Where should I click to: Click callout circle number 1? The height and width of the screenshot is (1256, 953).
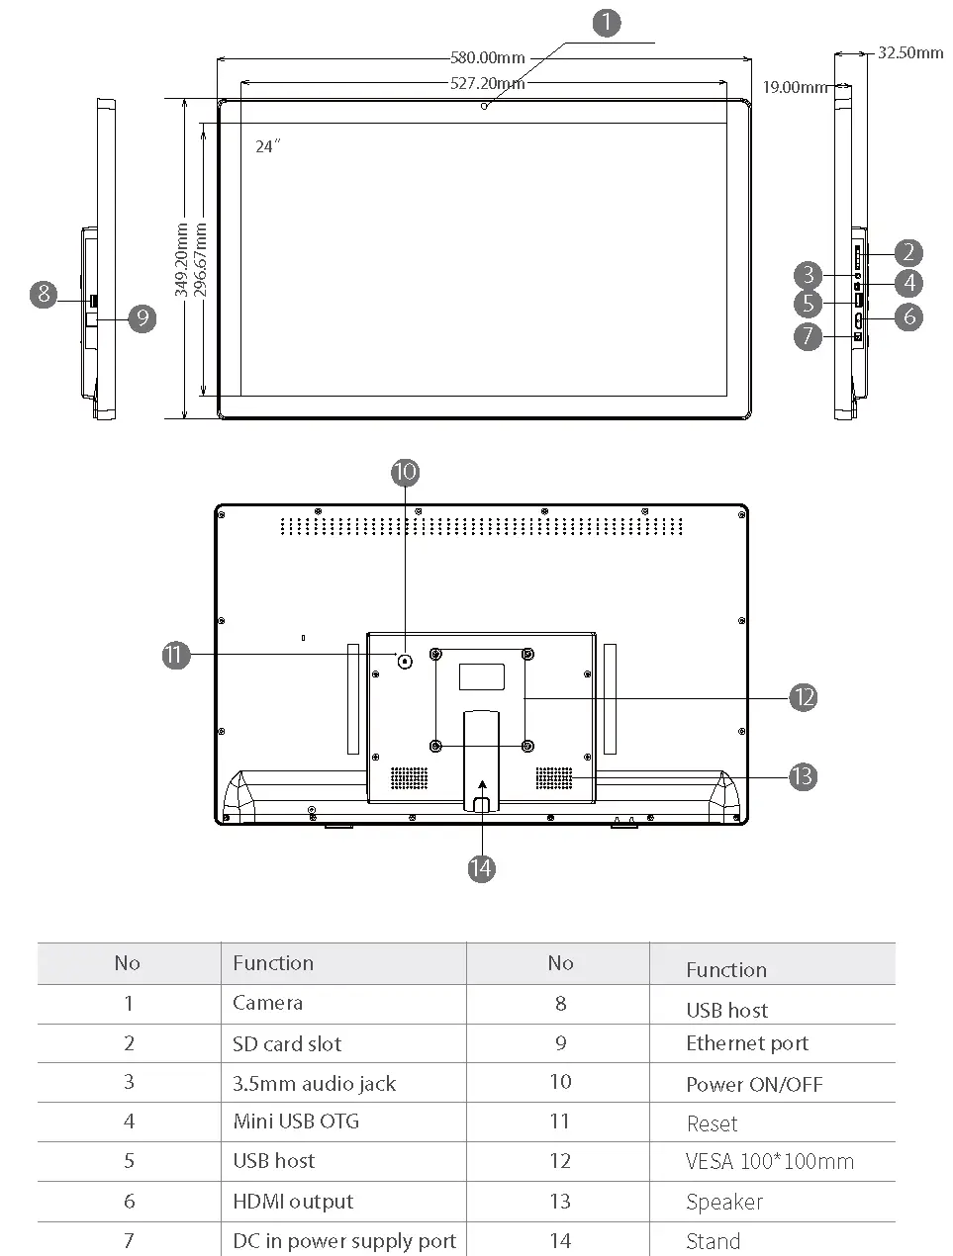607,23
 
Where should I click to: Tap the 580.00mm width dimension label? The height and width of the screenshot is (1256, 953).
488,58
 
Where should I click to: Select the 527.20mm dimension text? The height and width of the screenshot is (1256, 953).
487,84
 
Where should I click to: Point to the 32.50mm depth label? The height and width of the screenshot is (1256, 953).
910,52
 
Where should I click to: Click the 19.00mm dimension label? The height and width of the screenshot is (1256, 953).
794,87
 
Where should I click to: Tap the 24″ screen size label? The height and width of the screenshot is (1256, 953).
267,146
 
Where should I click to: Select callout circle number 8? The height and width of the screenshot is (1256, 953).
44,294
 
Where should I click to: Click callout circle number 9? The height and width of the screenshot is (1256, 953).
143,317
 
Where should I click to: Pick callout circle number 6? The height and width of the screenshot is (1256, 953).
907,316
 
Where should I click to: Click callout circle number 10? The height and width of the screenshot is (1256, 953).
405,472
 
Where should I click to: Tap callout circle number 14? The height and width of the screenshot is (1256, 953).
481,868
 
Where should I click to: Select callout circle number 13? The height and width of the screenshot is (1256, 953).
803,776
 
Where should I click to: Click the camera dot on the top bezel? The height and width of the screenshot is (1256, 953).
484,106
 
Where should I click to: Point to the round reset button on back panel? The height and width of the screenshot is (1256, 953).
405,661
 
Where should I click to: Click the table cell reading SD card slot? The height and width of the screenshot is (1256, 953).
287,1043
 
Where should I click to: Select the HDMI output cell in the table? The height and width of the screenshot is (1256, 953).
293,1202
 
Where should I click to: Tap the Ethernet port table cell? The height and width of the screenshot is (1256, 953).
747,1043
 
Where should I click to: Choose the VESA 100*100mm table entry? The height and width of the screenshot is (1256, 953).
769,1162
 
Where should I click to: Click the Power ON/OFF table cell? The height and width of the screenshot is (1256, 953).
754,1084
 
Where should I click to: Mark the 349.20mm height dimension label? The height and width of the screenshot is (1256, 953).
182,260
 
